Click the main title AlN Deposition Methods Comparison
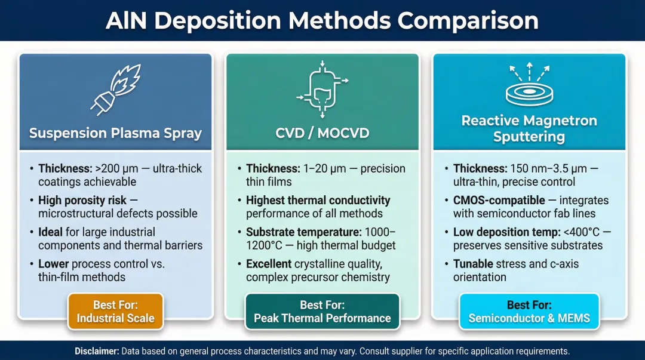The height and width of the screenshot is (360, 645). (x=322, y=20)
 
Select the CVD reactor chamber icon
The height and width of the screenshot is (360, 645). (x=322, y=89)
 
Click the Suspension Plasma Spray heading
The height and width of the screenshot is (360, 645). (x=115, y=133)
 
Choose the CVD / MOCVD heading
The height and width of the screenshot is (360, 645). (x=322, y=133)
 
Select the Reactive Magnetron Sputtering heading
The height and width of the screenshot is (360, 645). (x=529, y=128)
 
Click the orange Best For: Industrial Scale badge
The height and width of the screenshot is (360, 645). (x=115, y=312)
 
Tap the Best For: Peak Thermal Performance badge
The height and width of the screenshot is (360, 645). (x=322, y=312)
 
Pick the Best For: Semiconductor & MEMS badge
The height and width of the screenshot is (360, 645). (x=529, y=312)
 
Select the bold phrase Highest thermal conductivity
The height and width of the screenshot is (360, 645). (x=318, y=200)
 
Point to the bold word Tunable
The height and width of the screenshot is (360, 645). (x=474, y=264)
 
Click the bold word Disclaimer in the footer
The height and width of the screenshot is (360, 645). (x=97, y=351)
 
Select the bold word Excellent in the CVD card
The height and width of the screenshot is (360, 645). (x=268, y=264)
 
